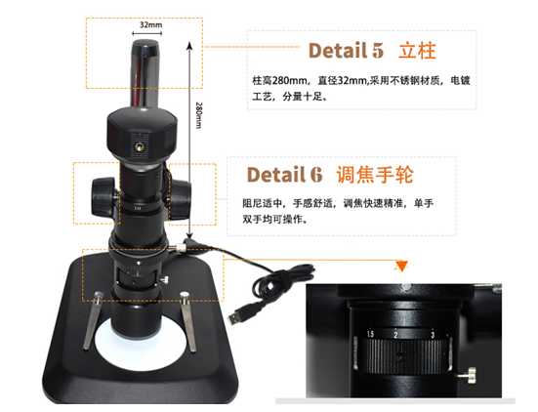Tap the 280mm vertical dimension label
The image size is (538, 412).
point(198,115)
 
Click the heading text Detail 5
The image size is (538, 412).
point(346,51)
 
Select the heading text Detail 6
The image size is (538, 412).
point(284,175)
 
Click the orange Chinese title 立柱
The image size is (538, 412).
point(417,51)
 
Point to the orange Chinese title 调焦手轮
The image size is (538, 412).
point(375,175)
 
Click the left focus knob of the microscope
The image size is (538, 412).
point(103,196)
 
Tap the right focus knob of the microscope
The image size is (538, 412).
point(180,200)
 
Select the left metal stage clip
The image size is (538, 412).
point(94,320)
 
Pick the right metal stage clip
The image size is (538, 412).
point(188,321)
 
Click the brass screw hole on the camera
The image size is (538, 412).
point(139,147)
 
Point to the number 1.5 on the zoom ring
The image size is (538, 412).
point(370,334)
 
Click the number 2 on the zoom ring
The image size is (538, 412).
point(395,335)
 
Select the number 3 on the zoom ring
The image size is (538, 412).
point(433,335)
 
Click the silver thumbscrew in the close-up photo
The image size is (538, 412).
point(469,374)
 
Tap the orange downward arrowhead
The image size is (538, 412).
point(401,267)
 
